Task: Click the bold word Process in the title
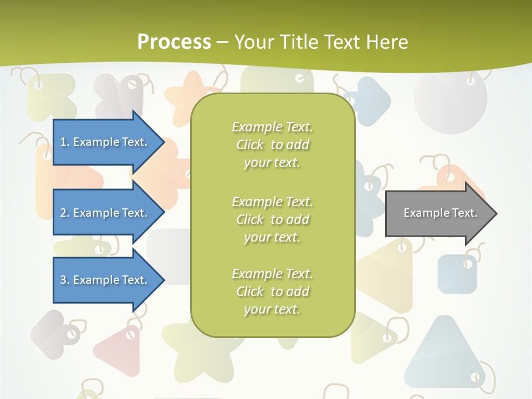[174, 42]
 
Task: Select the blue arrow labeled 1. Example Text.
[105, 142]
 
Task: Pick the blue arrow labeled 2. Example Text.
[105, 213]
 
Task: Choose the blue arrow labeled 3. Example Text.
[105, 280]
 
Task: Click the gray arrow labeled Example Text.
[438, 213]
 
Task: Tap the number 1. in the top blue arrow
[65, 142]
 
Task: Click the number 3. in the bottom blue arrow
[65, 280]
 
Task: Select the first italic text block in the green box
[272, 145]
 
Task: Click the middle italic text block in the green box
[272, 219]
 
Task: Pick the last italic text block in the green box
[272, 291]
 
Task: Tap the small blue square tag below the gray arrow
[457, 274]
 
